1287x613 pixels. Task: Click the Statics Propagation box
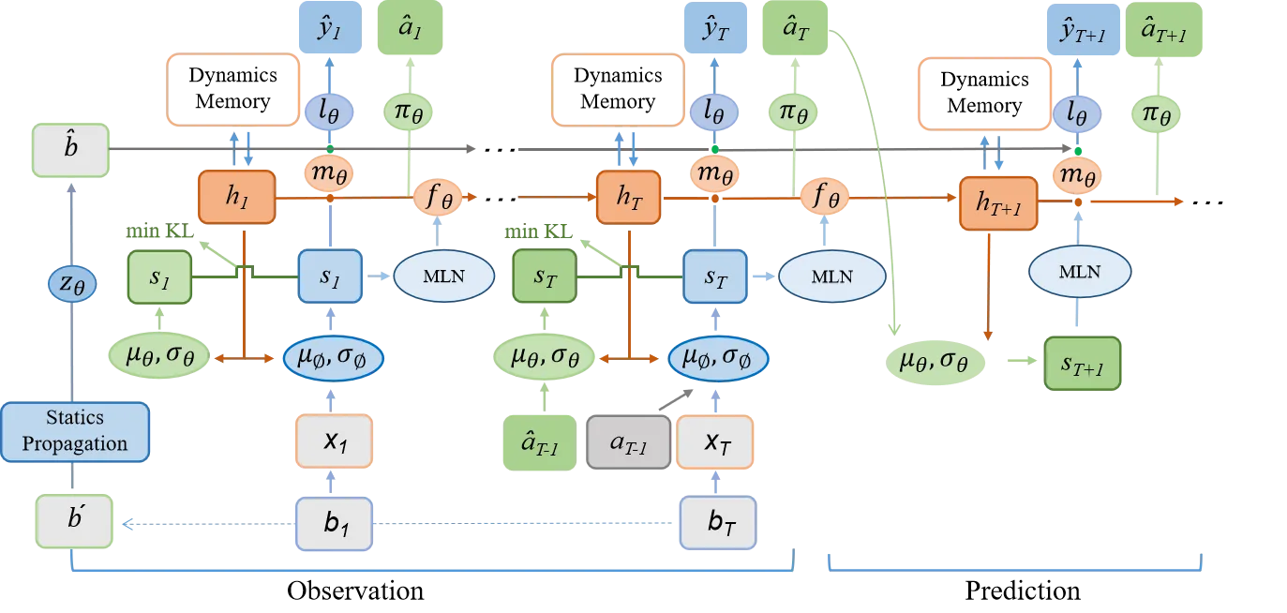pyautogui.click(x=75, y=431)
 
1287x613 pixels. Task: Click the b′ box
pyautogui.click(x=74, y=521)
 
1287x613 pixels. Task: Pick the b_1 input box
pyautogui.click(x=335, y=522)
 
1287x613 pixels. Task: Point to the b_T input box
pyautogui.click(x=717, y=522)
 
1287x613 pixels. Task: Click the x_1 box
pyautogui.click(x=335, y=441)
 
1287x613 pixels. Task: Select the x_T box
pyautogui.click(x=714, y=441)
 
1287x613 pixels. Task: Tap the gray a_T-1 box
pyautogui.click(x=629, y=441)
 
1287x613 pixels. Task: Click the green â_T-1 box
pyautogui.click(x=539, y=441)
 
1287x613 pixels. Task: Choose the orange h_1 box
pyautogui.click(x=236, y=197)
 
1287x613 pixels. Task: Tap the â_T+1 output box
pyautogui.click(x=1162, y=31)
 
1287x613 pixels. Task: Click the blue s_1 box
pyautogui.click(x=329, y=276)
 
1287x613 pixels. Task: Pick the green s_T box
pyautogui.click(x=544, y=276)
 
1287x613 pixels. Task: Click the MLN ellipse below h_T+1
pyautogui.click(x=1080, y=272)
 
